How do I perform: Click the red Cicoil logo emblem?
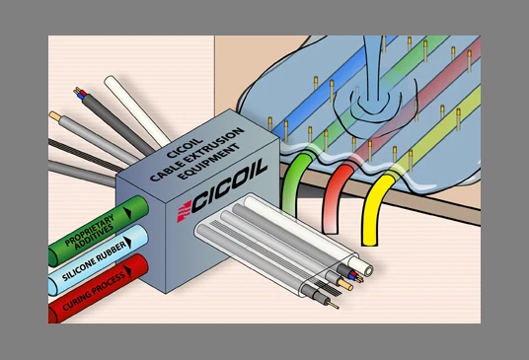[185, 211]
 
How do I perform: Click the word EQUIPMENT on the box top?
[208, 162]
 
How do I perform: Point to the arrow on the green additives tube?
[127, 213]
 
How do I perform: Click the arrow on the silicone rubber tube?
[127, 242]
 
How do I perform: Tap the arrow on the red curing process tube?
[127, 271]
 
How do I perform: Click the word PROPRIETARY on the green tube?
[89, 229]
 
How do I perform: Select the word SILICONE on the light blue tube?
[79, 268]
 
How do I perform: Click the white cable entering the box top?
[135, 110]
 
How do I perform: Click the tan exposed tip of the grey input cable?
[55, 116]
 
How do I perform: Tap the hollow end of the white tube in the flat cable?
[366, 270]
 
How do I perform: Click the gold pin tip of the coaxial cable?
[334, 306]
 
